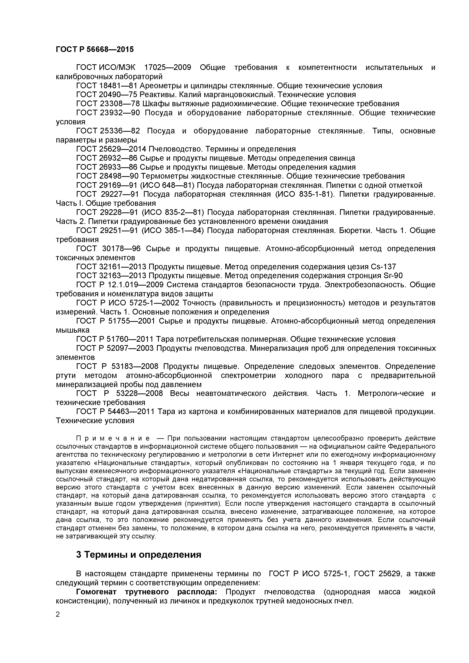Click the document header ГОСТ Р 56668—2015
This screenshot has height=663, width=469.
(95, 49)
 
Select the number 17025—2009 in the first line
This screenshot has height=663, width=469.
(168, 68)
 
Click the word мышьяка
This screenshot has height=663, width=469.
(73, 330)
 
